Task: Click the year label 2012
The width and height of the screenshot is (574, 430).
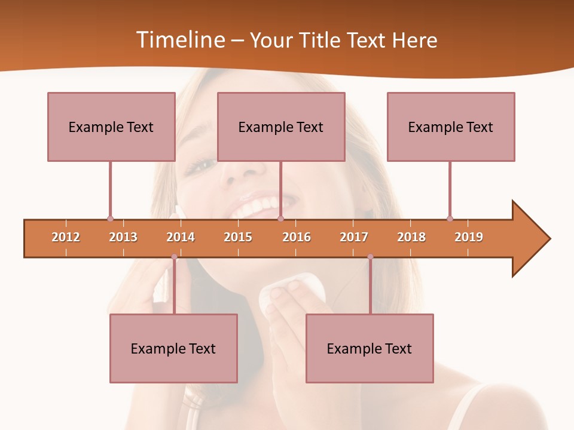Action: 66,237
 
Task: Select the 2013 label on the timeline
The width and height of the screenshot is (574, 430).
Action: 123,237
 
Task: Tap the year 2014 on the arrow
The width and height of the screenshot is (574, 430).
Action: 181,237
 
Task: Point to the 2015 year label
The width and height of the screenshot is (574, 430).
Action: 238,237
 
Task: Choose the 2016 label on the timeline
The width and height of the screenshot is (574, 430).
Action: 297,237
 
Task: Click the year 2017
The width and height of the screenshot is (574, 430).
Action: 354,237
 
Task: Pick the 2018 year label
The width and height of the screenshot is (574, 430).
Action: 411,237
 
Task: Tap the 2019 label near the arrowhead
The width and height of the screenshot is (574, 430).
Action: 469,237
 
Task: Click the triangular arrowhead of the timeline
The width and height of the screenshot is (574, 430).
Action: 530,239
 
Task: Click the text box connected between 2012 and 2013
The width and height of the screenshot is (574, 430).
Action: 111,127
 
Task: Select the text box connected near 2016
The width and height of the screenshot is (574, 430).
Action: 281,127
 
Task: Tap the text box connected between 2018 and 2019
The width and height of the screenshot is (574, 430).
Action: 451,127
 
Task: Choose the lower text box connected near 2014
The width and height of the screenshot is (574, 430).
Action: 173,348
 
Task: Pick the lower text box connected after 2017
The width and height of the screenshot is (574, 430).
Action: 370,348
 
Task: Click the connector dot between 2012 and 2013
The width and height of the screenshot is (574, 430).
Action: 110,219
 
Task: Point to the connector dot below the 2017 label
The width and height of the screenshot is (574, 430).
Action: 370,257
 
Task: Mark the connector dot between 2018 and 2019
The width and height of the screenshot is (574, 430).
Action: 450,219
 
